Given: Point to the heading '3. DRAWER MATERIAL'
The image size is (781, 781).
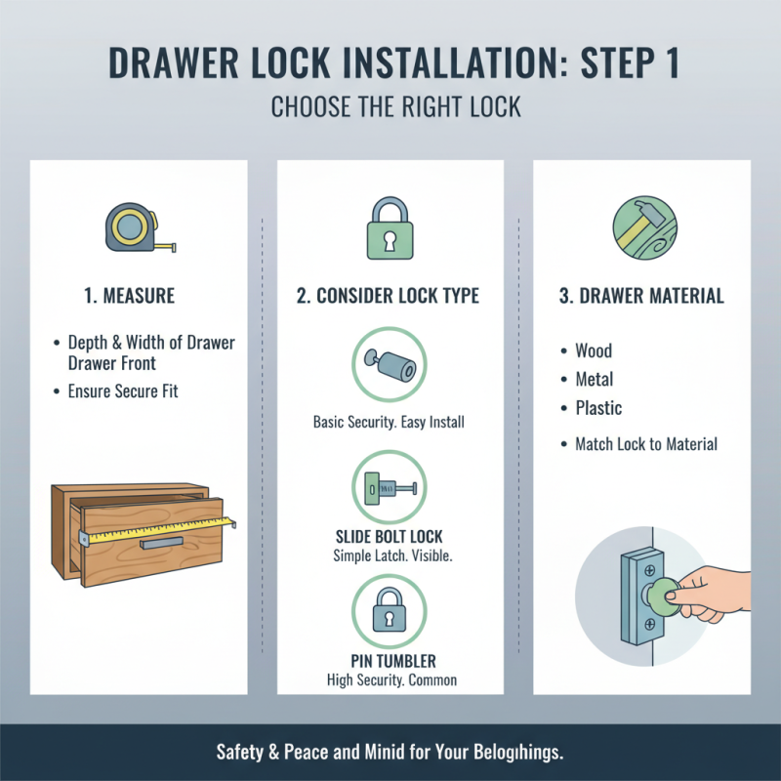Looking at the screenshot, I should tap(641, 296).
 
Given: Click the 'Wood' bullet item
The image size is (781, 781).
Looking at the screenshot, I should tap(594, 350).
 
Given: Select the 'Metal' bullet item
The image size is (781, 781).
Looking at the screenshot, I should tap(595, 379).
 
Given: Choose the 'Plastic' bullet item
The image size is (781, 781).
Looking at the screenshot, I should tap(598, 408).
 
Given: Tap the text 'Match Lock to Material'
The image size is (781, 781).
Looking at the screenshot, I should tap(646, 444).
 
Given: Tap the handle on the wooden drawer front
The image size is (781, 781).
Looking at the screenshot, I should tap(161, 541).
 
